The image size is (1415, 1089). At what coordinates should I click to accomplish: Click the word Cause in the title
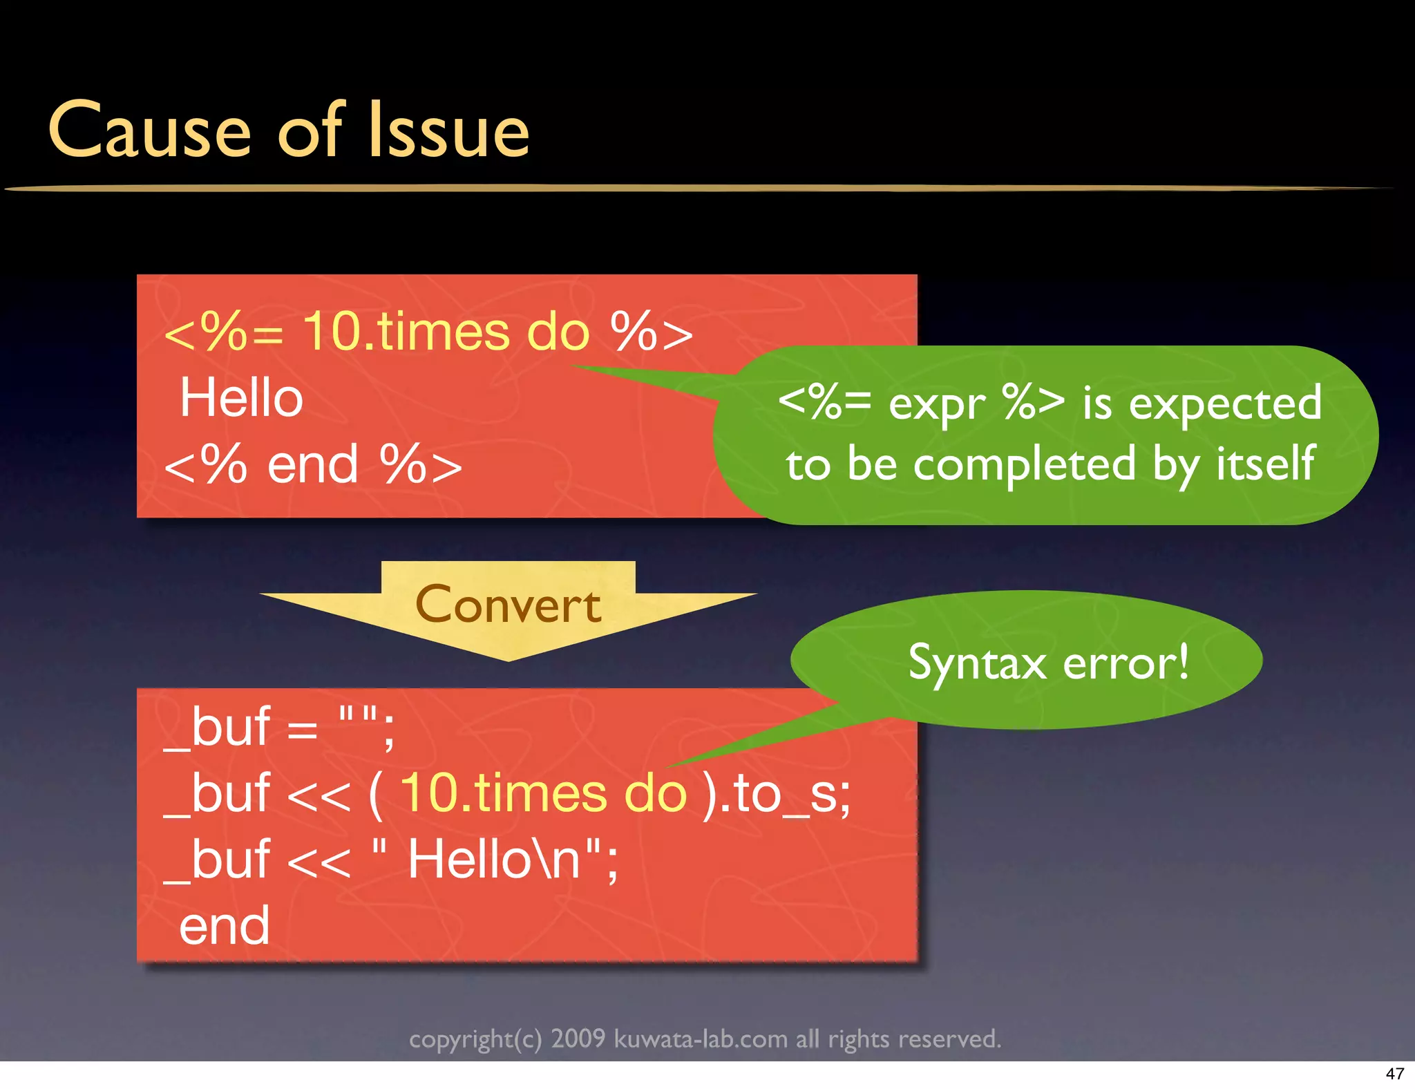(149, 130)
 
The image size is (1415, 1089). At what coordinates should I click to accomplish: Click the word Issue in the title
(449, 130)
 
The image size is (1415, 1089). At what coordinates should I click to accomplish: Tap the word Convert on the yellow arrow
(508, 605)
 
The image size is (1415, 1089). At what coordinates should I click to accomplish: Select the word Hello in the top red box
(241, 399)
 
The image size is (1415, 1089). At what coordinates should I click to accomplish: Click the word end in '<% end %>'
(312, 465)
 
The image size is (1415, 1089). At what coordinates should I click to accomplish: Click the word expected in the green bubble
(1224, 404)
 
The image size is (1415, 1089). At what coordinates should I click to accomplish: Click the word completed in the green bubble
(1024, 464)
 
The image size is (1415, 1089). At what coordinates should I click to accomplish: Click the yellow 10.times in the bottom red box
(504, 794)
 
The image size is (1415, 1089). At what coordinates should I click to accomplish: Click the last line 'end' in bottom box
(224, 926)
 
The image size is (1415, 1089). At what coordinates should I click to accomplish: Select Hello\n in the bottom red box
(495, 860)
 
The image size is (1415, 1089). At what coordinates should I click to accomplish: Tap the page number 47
(1394, 1073)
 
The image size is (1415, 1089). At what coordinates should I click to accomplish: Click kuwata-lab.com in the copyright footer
(701, 1039)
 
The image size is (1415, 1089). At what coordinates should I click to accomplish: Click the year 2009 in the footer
(578, 1039)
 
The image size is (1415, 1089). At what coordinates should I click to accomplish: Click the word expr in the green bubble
(936, 405)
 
